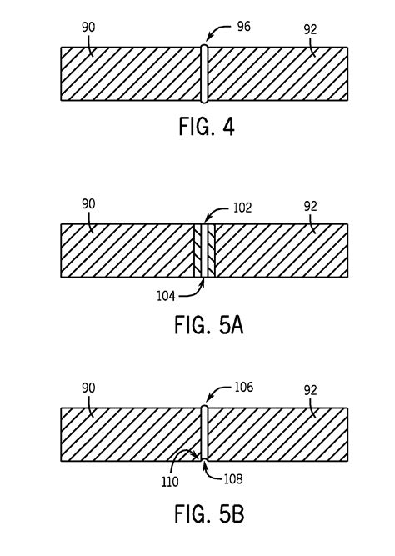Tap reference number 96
coord(244,27)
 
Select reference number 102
coord(242,209)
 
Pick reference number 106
coord(243,388)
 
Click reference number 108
coord(236,479)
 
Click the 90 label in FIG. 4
coord(88,27)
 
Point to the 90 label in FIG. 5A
coord(88,203)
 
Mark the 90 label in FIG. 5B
coord(88,388)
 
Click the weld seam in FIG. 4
coord(203,74)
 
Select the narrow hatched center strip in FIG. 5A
coord(204,250)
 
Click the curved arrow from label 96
coord(218,32)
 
